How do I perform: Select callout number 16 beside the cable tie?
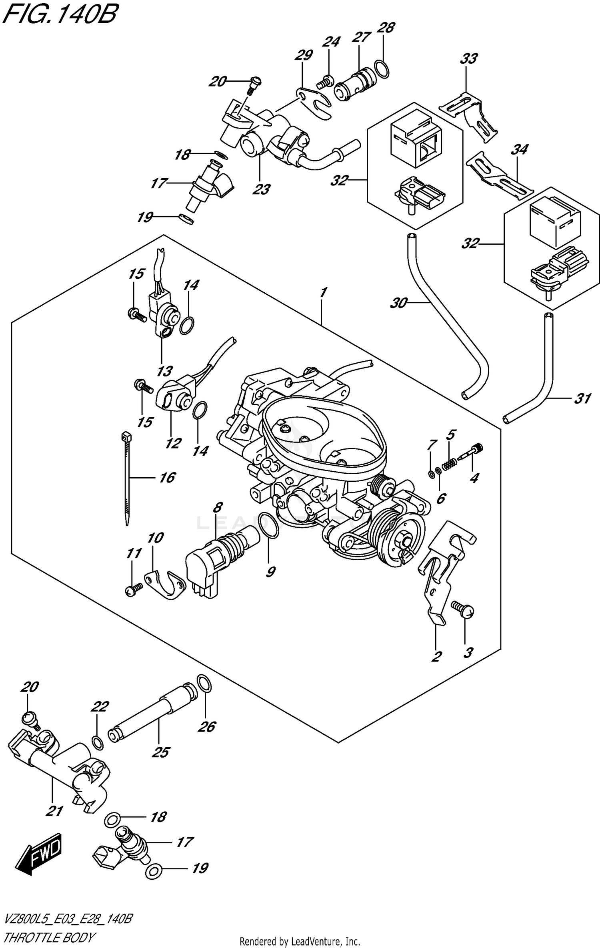tap(167, 477)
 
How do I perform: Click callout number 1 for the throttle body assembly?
tap(323, 292)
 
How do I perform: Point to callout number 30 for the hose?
tap(398, 303)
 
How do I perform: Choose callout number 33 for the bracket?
tap(468, 58)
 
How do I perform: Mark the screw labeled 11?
tap(132, 590)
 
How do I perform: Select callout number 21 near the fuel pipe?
tap(54, 811)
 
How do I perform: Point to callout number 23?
tap(261, 189)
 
